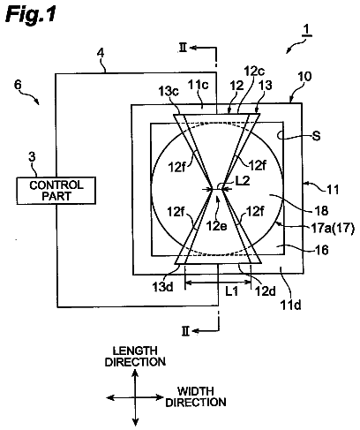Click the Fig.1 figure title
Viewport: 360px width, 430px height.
coord(31,14)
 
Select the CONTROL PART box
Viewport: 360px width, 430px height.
coord(56,191)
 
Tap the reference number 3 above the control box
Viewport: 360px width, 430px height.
coord(32,157)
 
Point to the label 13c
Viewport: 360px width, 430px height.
coord(169,91)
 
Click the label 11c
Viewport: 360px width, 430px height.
coord(199,85)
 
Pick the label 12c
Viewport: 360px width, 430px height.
coord(254,71)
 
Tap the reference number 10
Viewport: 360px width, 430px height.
coord(304,77)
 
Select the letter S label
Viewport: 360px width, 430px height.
coord(316,136)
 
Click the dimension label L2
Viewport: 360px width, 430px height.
coord(243,181)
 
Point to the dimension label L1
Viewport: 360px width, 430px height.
coord(231,291)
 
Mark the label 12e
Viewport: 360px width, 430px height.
coord(216,226)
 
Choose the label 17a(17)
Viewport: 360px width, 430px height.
coord(333,229)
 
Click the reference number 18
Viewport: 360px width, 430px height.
coord(321,210)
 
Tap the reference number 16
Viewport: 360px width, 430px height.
coord(321,250)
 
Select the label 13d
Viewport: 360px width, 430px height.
coord(162,286)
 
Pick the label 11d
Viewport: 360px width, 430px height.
coord(290,306)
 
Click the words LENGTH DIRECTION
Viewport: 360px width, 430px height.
coord(135,356)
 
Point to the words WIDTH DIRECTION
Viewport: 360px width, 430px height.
coord(196,396)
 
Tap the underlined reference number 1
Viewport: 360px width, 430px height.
coord(306,30)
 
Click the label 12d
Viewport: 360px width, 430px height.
coord(266,290)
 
